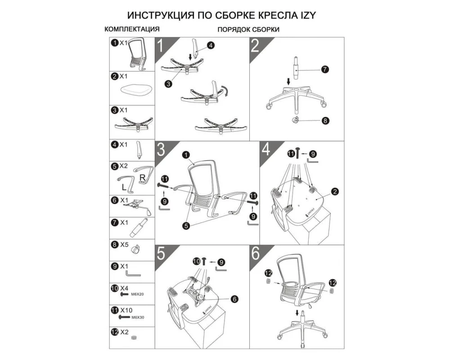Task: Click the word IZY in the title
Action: click(x=307, y=15)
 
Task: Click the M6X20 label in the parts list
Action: click(x=137, y=295)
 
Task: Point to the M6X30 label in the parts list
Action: click(x=138, y=317)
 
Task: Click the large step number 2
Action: click(x=256, y=46)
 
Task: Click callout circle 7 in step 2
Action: click(x=325, y=69)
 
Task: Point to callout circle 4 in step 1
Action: click(x=211, y=45)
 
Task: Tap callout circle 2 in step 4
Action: click(x=334, y=191)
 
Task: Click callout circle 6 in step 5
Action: click(x=235, y=299)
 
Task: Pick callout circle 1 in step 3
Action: click(x=185, y=155)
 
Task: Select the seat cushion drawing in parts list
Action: click(x=132, y=90)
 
